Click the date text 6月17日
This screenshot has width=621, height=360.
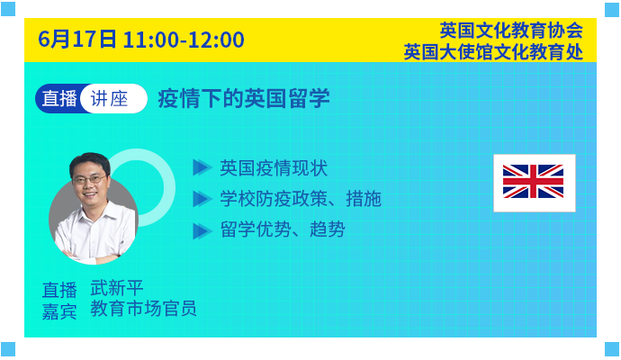pyautogui.click(x=77, y=40)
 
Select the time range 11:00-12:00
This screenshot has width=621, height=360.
pyautogui.click(x=184, y=40)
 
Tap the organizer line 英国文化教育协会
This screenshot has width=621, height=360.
pyautogui.click(x=511, y=30)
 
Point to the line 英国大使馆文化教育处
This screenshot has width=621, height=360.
pyautogui.click(x=493, y=52)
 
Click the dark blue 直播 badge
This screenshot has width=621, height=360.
pyautogui.click(x=58, y=99)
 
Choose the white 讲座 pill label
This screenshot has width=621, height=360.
pyautogui.click(x=113, y=99)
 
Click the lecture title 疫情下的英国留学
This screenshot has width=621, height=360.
pyautogui.click(x=244, y=98)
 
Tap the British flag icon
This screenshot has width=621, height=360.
pyautogui.click(x=535, y=183)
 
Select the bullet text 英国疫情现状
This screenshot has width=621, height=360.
pyautogui.click(x=274, y=168)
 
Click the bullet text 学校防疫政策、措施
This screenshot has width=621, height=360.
pyautogui.click(x=301, y=198)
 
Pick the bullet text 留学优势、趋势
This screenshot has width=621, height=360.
pyautogui.click(x=283, y=229)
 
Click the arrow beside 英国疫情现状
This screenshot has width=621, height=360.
pyautogui.click(x=202, y=167)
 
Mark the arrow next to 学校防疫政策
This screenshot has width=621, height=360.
pyautogui.click(x=202, y=199)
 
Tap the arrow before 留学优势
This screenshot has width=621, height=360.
pyautogui.click(x=202, y=231)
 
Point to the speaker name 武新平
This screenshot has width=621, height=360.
pyautogui.click(x=117, y=288)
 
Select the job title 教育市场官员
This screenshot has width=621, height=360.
pyautogui.click(x=143, y=308)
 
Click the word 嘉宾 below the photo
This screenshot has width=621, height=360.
pyautogui.click(x=59, y=311)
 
